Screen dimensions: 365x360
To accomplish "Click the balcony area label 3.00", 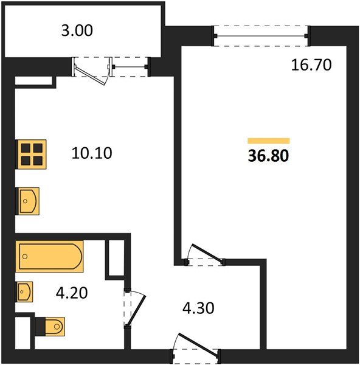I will tap(77, 30).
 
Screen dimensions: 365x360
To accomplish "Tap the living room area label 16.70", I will tap(311, 64).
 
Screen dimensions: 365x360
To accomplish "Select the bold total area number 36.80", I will tap(268, 155).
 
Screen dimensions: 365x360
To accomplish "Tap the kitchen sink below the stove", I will tap(29, 201).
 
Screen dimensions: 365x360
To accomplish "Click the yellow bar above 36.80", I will tap(268, 139).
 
